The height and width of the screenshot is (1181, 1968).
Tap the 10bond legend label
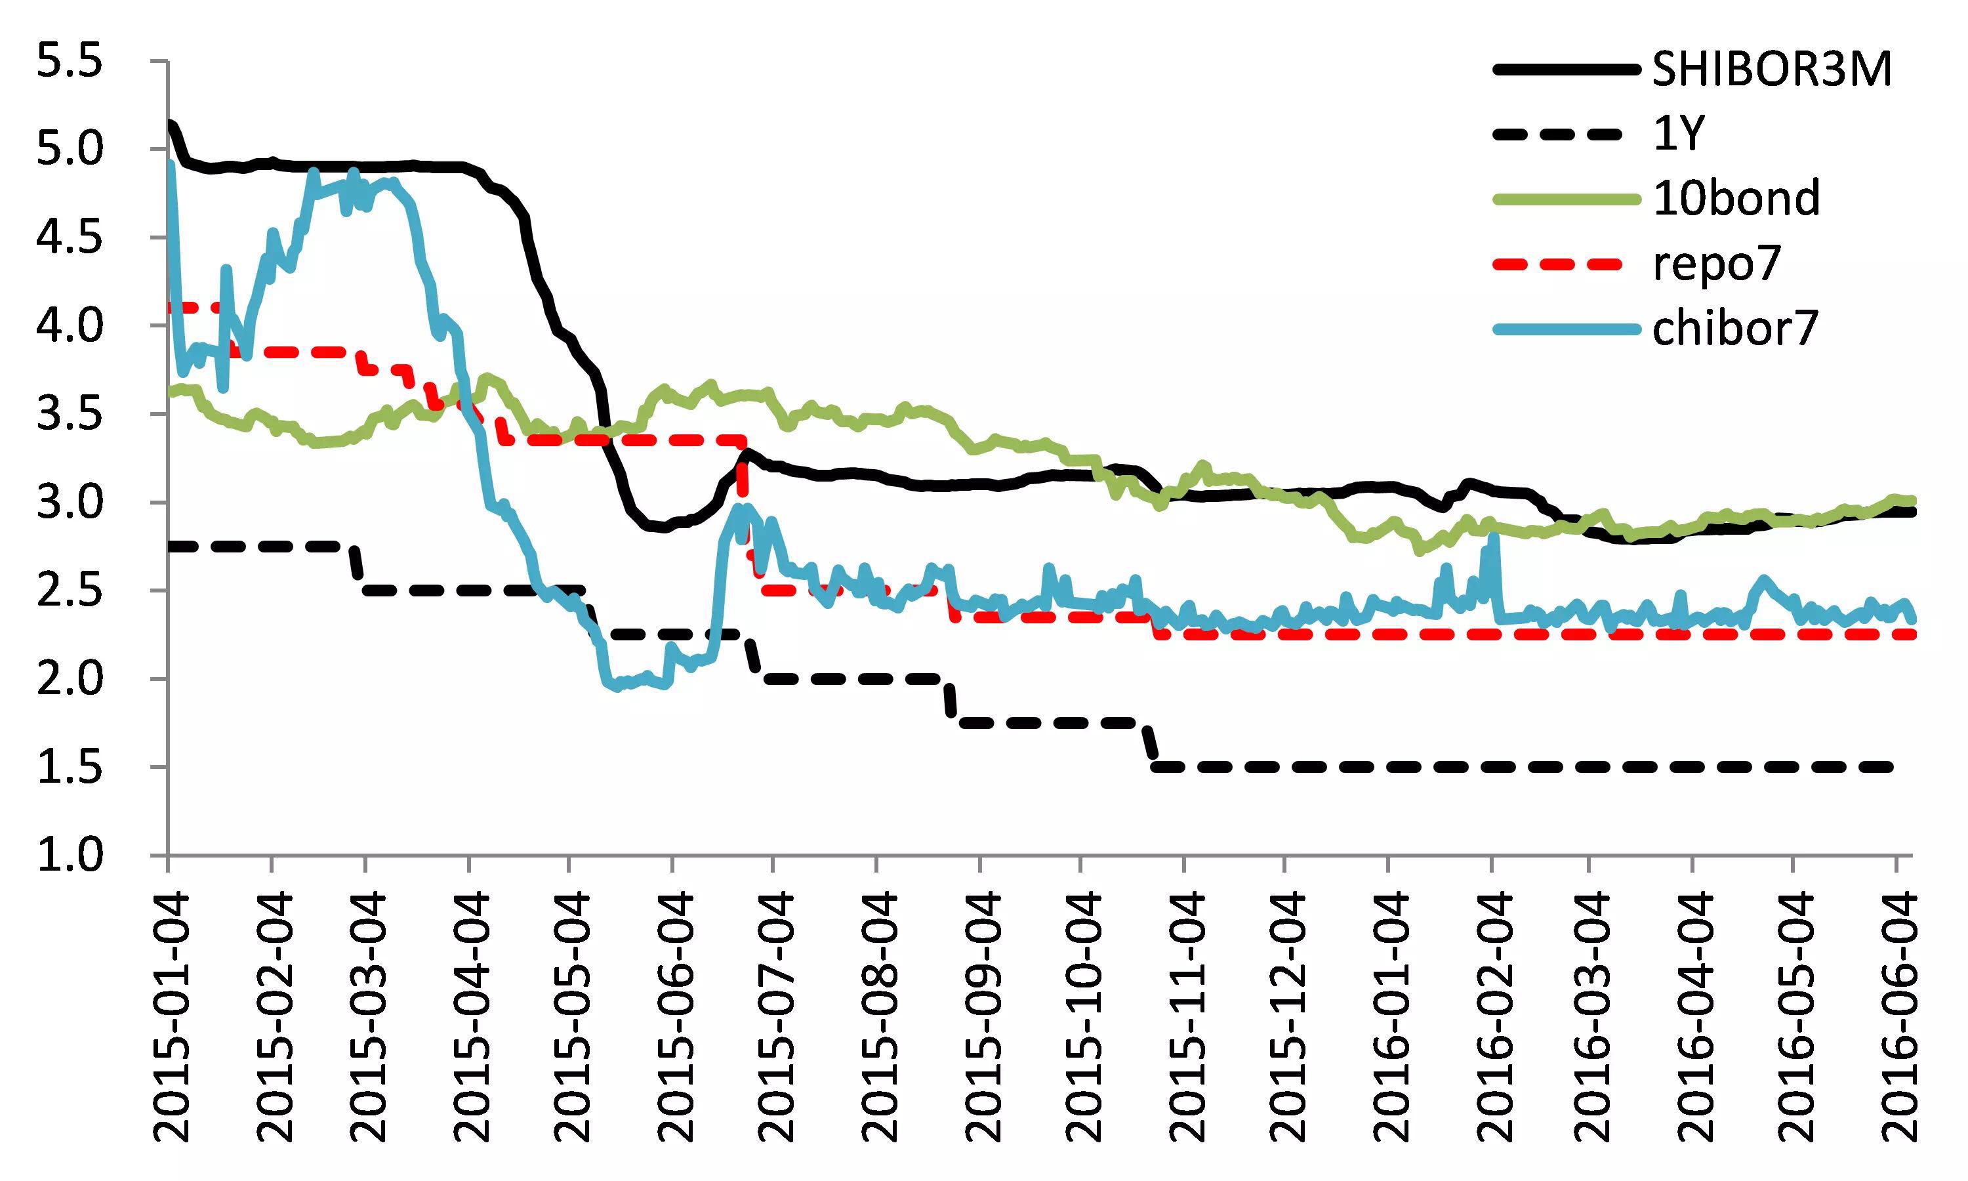tap(1736, 197)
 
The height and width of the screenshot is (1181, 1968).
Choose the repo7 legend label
tap(1716, 262)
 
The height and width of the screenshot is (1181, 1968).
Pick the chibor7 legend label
tap(1735, 327)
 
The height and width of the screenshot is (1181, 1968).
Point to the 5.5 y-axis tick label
tap(70, 62)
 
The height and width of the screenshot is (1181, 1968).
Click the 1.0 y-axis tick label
tap(70, 856)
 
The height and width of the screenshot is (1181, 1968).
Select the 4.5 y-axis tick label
tap(70, 238)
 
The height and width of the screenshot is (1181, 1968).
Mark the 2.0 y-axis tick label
tap(70, 679)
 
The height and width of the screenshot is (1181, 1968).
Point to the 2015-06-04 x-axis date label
tap(674, 1016)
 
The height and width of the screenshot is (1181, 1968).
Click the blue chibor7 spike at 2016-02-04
tap(1493, 538)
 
